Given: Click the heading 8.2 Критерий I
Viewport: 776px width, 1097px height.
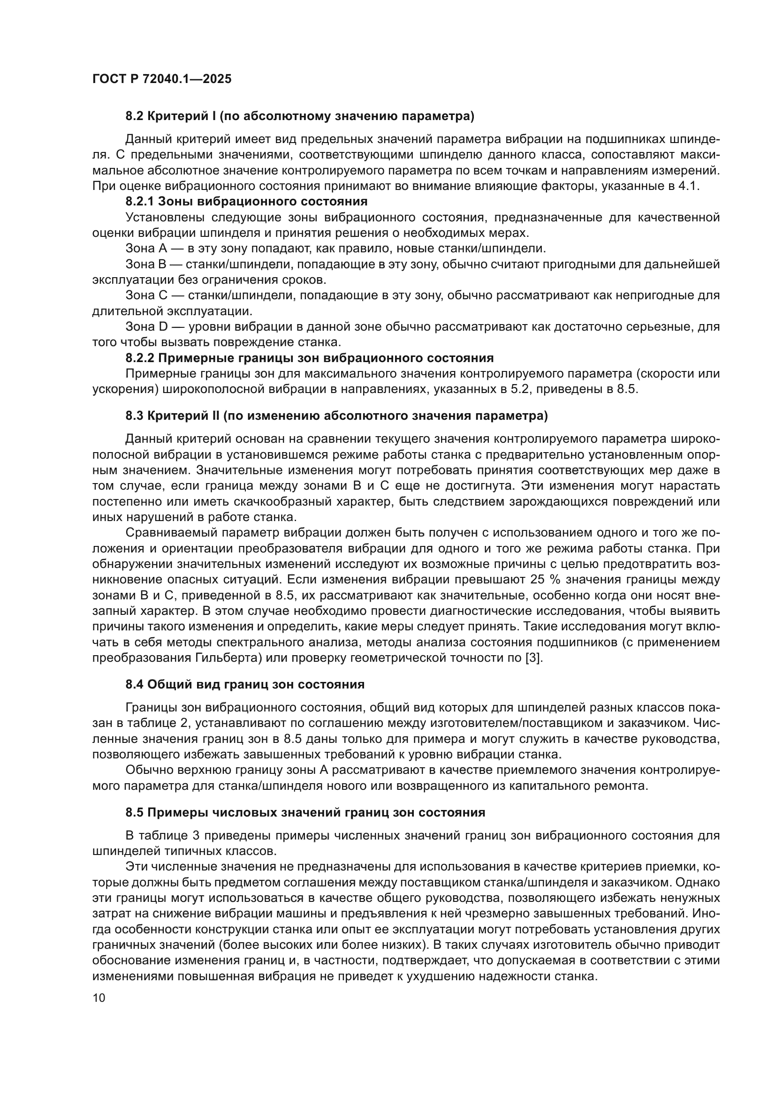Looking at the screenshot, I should [300, 116].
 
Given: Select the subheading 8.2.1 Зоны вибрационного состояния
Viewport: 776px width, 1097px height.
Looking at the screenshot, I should [246, 201].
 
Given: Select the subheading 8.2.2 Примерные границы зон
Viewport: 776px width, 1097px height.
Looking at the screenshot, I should [310, 358].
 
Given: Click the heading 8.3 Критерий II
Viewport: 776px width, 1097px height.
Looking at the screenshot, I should [336, 416].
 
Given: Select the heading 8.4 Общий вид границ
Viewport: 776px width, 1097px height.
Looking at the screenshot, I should [244, 685].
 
